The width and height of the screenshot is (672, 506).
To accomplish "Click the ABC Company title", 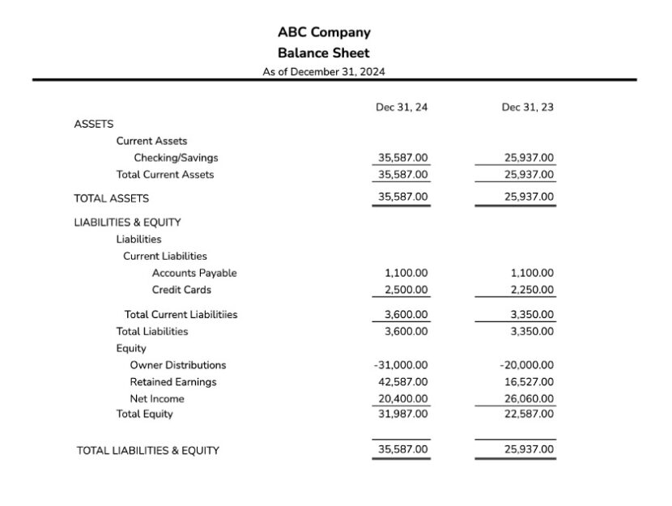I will tap(324, 32).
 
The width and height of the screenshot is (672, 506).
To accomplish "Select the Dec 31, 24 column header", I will tap(402, 107).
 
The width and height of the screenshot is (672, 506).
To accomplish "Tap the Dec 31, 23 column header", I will tap(528, 107).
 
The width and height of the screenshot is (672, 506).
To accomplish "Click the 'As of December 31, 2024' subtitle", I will tap(324, 71).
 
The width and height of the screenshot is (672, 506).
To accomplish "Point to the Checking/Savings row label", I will tap(176, 158).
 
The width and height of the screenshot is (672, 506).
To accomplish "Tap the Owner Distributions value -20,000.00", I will tap(527, 365).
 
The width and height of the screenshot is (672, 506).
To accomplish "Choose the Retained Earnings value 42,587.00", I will tap(403, 381).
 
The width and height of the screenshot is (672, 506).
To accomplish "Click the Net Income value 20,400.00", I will tap(403, 398).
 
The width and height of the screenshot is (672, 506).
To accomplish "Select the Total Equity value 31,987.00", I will tap(403, 414).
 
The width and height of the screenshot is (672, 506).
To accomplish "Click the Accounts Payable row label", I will tap(194, 273).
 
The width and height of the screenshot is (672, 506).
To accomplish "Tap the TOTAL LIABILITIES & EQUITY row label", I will tap(147, 450).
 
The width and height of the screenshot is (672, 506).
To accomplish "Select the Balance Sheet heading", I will tap(324, 53).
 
